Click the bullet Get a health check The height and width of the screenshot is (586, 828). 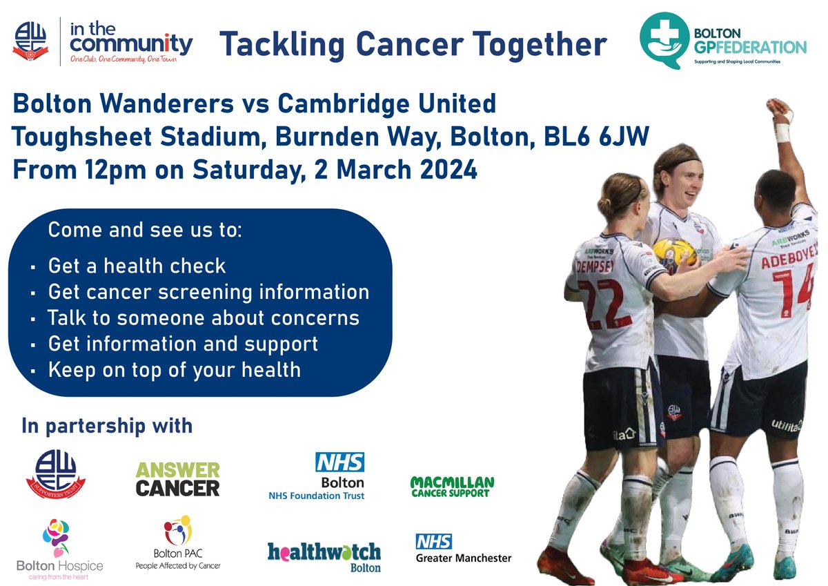137,265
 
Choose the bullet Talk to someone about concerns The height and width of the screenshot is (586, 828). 204,318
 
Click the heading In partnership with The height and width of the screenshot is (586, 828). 107,425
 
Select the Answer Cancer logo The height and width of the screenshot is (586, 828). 177,479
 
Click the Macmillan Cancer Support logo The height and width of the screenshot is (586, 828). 452,486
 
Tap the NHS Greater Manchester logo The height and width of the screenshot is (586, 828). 462,548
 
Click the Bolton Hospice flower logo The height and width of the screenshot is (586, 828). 59,535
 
